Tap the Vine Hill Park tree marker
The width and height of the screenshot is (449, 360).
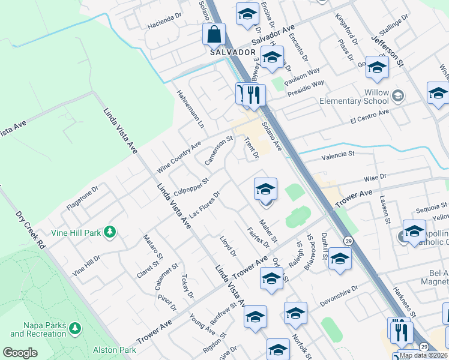coord(109,232)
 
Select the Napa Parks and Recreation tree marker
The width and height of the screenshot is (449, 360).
coord(74,328)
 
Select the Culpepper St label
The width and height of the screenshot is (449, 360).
coord(190,187)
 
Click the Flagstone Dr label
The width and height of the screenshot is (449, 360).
coord(82,197)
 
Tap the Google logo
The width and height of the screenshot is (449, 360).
coord(20,353)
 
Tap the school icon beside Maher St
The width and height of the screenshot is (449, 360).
coord(265,190)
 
